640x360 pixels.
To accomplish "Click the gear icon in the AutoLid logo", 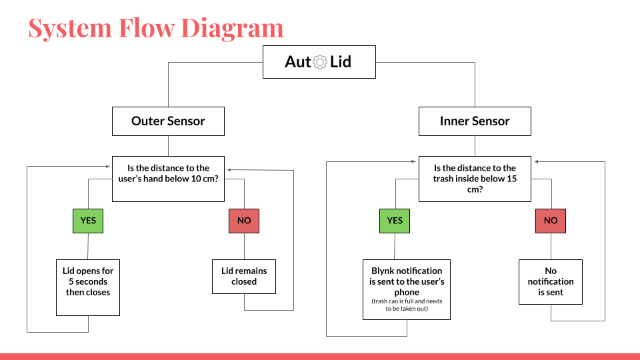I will (320, 62).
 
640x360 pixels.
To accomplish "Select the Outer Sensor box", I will (168, 121).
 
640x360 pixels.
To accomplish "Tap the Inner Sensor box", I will (475, 121).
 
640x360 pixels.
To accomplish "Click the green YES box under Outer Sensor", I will (88, 220).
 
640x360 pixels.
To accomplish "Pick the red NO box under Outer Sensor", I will (244, 220).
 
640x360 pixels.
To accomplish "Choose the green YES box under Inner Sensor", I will (395, 220).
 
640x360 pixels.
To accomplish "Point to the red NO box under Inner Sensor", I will (551, 220).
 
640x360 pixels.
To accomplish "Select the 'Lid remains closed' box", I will (244, 277).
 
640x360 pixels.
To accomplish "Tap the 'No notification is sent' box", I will (551, 282).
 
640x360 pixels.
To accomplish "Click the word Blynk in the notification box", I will (383, 271).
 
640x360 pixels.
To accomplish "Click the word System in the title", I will (69, 28).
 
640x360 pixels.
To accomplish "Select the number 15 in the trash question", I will (511, 179).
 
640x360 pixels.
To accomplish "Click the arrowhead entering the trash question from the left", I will (415, 161).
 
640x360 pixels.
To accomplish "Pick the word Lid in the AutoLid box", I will (341, 62).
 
